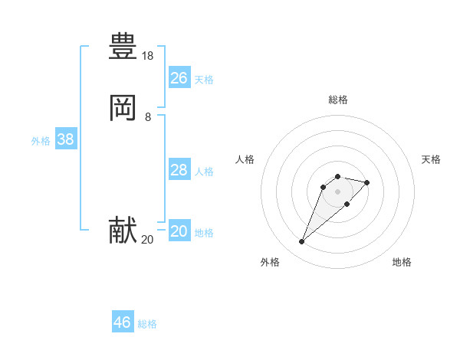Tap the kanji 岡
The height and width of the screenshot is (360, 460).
coord(123,110)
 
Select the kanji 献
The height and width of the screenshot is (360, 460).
coord(123,231)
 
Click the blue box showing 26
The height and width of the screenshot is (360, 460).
coord(179,78)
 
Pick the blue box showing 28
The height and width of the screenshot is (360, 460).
coord(179,170)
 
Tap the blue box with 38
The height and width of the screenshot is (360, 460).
coord(65,140)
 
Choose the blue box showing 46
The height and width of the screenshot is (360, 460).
coord(123,322)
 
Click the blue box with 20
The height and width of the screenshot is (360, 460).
coord(179,231)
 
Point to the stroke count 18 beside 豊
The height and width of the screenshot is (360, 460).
coord(148,56)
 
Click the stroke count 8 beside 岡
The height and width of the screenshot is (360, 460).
coord(148,117)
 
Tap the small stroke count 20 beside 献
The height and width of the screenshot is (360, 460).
coord(147,240)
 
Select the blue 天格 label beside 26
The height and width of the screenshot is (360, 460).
coord(204,80)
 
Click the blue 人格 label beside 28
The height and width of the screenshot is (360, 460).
coord(204,172)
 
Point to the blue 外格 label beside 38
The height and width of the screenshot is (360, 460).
coord(41,141)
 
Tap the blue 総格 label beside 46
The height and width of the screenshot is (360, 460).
coord(147,324)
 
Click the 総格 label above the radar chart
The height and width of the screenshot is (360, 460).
coord(337,100)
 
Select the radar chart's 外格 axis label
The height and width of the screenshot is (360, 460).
coord(270,262)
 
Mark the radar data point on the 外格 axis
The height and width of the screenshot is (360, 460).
coord(302,242)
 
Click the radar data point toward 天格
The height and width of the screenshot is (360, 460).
coord(367,182)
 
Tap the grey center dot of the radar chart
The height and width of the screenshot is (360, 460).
coord(337,191)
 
